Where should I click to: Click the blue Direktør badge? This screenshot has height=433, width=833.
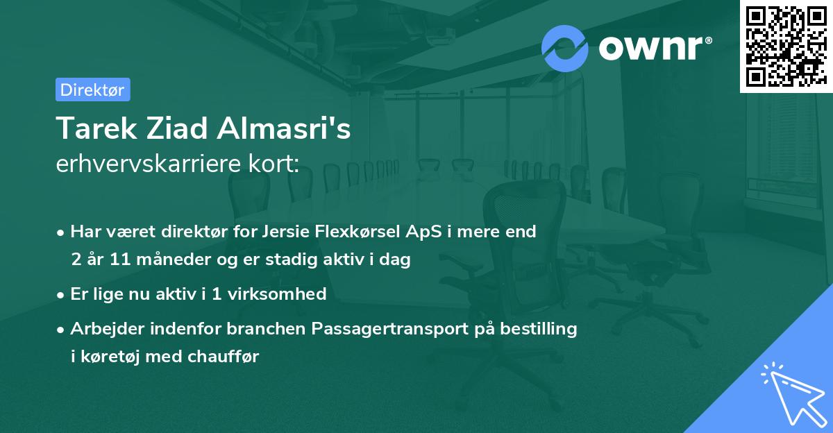click(x=92, y=90)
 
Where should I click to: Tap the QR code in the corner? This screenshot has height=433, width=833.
click(x=784, y=46)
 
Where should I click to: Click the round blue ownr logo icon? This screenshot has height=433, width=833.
click(x=564, y=49)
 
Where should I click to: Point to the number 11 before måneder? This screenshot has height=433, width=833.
click(x=119, y=260)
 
